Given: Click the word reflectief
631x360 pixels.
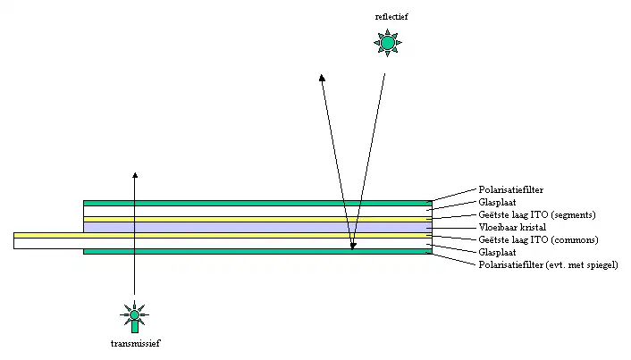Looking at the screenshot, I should tap(387, 18).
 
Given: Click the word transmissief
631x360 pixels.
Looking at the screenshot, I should tap(135, 343).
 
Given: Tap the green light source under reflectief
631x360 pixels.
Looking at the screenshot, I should tap(387, 42).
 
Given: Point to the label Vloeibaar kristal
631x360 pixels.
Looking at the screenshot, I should tap(511, 228).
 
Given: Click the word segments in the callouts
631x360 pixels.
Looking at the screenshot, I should tap(571, 215).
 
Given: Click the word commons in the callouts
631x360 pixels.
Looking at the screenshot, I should tap(572, 240).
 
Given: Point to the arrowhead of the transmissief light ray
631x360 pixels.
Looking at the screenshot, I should tap(134, 176).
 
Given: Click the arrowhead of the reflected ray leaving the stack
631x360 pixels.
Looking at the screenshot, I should tap(322, 79).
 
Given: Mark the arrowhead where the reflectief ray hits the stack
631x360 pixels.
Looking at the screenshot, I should tap(353, 245).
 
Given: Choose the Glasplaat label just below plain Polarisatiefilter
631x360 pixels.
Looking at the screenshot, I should tap(497, 203).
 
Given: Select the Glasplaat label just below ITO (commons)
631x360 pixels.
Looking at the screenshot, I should tap(497, 253).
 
